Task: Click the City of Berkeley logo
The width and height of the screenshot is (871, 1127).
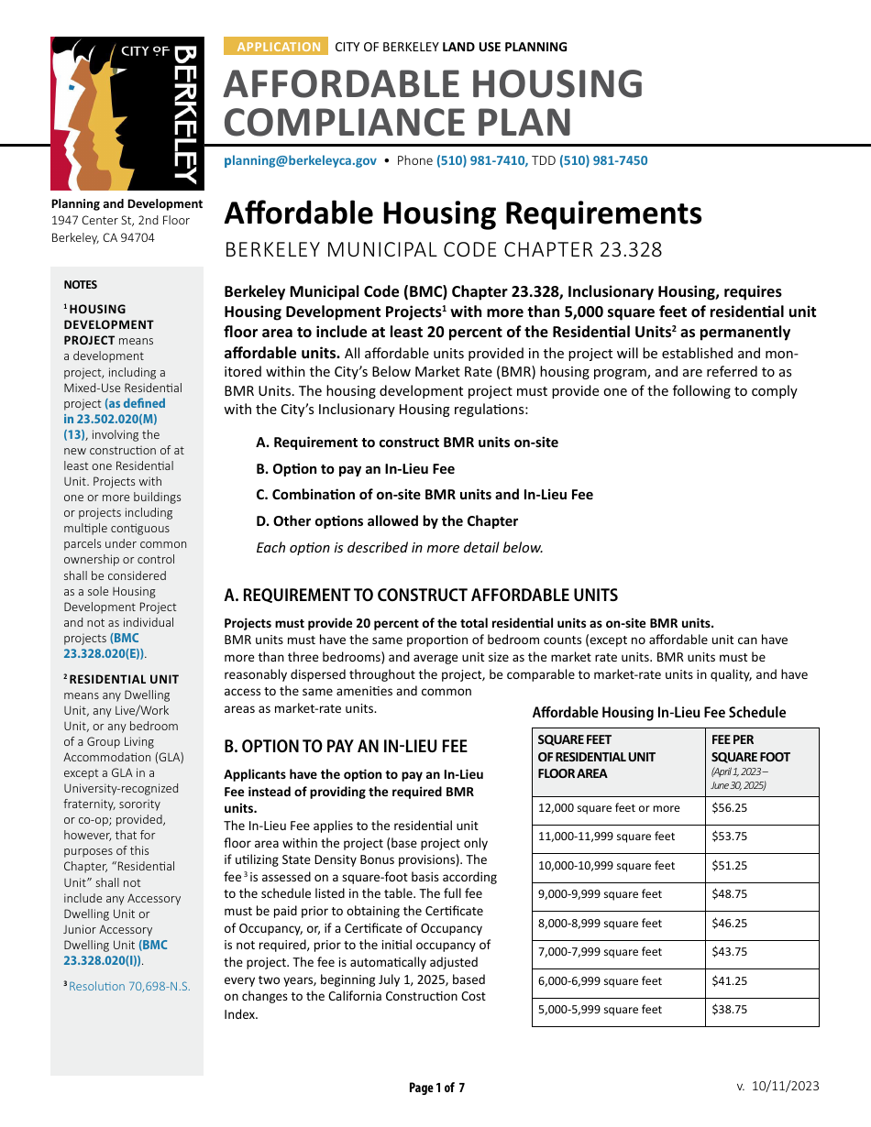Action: pos(126,113)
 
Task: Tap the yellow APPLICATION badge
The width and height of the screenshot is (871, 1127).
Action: pos(278,47)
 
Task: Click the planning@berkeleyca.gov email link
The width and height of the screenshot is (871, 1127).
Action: pos(300,160)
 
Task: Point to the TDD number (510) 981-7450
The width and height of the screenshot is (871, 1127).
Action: pos(603,160)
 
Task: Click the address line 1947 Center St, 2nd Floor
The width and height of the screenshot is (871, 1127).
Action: pos(120,221)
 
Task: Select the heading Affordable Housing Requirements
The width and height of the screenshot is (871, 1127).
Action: pos(463,213)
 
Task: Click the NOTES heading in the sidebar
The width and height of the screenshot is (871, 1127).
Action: pos(80,285)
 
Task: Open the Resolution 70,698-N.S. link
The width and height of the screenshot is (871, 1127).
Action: pos(129,987)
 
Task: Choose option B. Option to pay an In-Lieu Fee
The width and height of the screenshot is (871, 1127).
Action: pos(355,468)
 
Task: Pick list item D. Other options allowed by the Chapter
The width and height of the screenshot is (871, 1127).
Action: pos(387,520)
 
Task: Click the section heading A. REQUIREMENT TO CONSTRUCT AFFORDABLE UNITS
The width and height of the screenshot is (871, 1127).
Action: pos(421,595)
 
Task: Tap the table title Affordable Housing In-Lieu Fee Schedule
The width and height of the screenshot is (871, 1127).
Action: pos(658,712)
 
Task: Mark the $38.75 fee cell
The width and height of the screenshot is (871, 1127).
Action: pos(730,1010)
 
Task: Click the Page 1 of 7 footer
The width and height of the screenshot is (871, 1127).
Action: pos(436,1088)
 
